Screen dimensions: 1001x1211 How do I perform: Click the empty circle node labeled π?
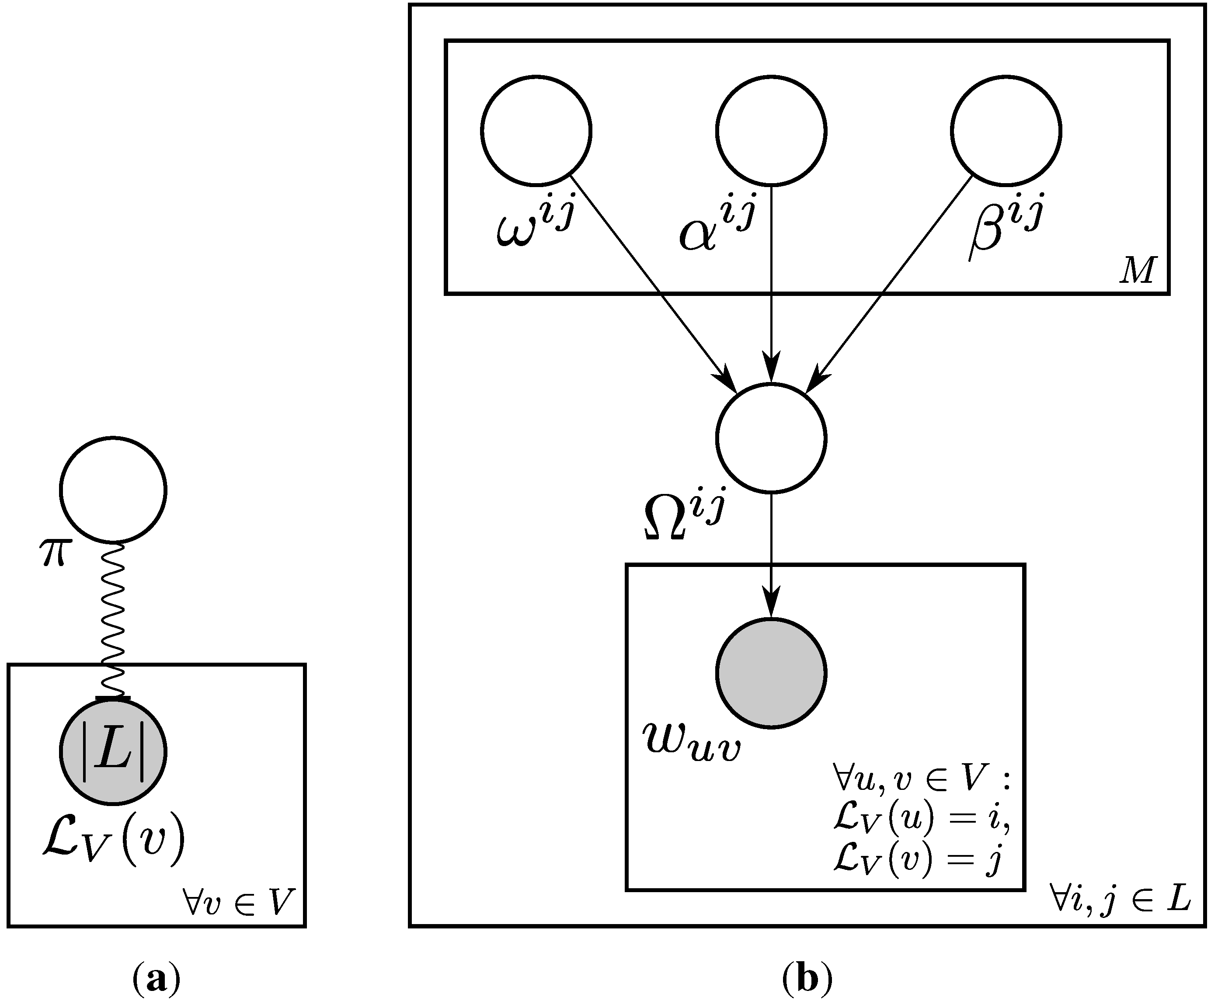coord(113,490)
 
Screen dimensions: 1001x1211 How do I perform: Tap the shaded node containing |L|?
coord(113,751)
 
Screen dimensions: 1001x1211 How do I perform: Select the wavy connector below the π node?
coord(113,620)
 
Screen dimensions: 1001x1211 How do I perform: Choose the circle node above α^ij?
coord(771,131)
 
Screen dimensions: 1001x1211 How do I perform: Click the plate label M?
coord(1137,269)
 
